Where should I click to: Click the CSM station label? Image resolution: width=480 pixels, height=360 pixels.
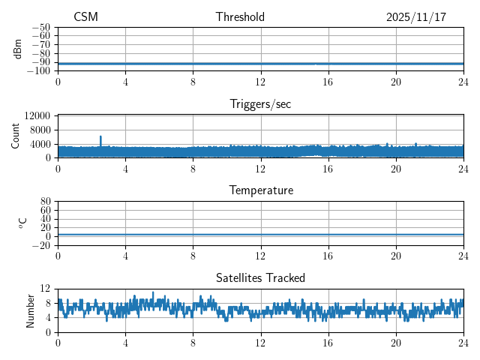[x=85, y=17]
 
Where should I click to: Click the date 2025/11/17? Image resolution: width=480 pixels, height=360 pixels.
[x=416, y=17]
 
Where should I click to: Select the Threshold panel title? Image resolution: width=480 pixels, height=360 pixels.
[x=240, y=17]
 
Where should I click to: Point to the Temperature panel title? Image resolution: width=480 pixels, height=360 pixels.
[x=260, y=190]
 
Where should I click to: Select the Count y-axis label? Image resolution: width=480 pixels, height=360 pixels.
[x=16, y=136]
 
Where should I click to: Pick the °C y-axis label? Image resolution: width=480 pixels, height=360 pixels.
[x=22, y=223]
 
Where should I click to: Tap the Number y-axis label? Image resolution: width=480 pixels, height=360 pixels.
[x=31, y=310]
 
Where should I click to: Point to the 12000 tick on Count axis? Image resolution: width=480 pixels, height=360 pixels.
[x=37, y=116]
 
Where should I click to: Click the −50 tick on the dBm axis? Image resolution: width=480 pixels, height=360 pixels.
[x=40, y=28]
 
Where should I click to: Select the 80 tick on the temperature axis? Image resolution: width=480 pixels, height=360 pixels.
[x=45, y=202]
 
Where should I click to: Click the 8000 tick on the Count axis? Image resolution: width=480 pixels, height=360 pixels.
[x=40, y=130]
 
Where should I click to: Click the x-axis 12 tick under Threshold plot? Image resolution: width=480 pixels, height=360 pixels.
[x=260, y=81]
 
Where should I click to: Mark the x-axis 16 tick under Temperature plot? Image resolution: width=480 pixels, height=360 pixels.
[x=328, y=255]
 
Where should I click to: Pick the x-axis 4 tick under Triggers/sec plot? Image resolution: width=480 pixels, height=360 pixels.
[x=125, y=168]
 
